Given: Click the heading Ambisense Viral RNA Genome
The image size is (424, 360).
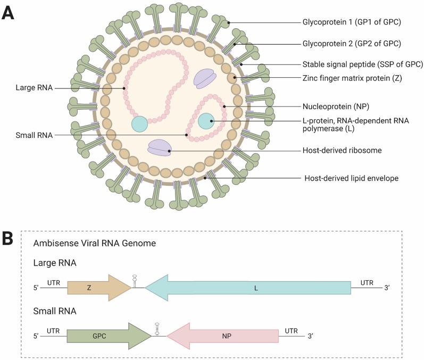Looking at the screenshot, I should pyautogui.click(x=87, y=244).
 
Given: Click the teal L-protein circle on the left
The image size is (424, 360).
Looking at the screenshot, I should pyautogui.click(x=140, y=124).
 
